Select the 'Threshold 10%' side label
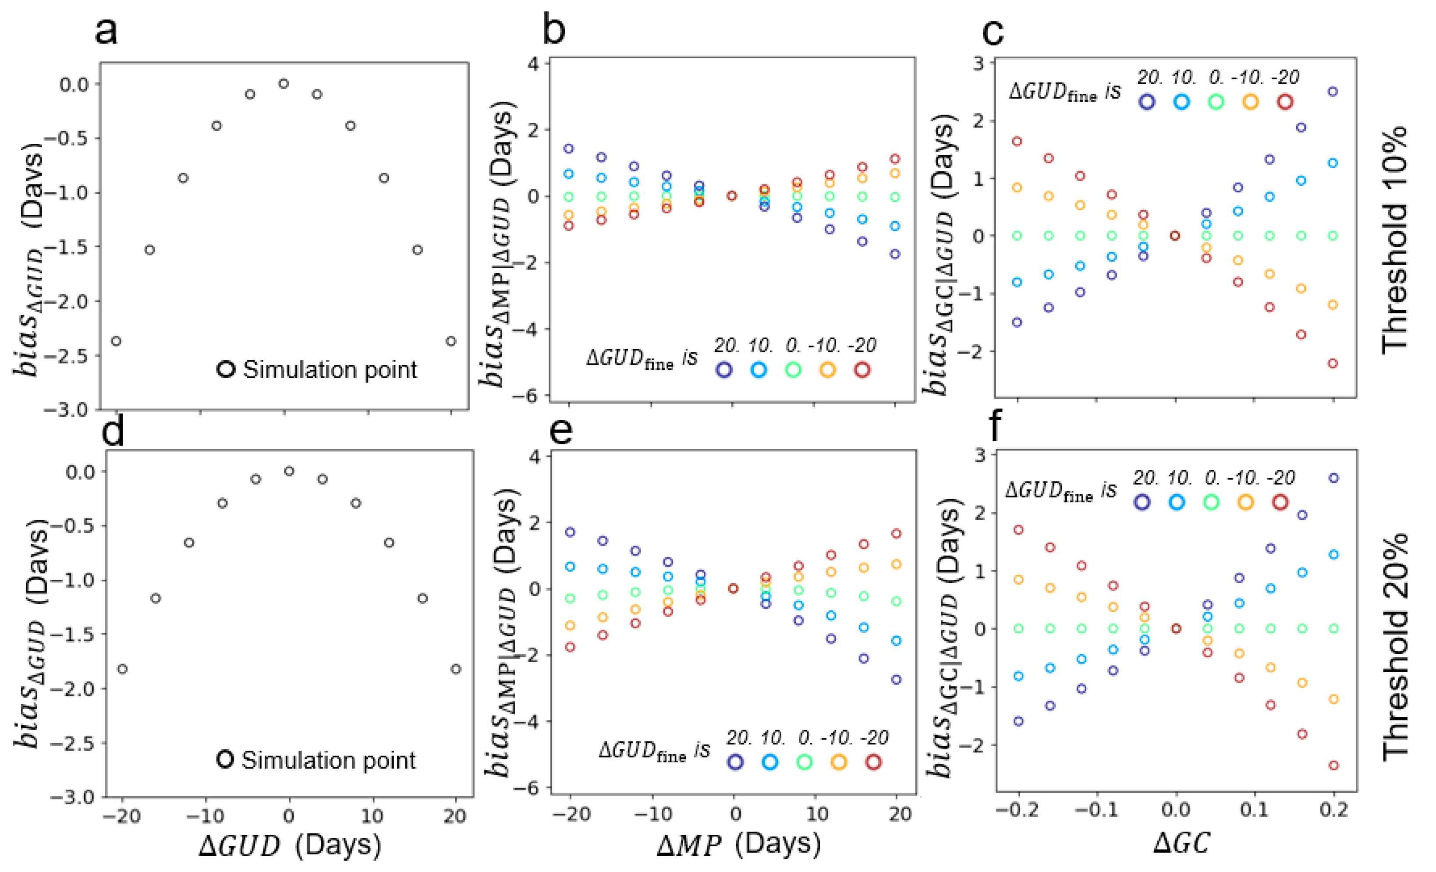pyautogui.click(x=1395, y=239)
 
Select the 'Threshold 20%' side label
pyautogui.click(x=1395, y=646)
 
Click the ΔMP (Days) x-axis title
pyautogui.click(x=738, y=844)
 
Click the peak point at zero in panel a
pyautogui.click(x=284, y=84)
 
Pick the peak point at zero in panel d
pyautogui.click(x=289, y=471)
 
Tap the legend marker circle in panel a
pyautogui.click(x=226, y=369)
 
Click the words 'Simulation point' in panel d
pyautogui.click(x=329, y=760)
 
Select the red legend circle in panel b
pyautogui.click(x=862, y=369)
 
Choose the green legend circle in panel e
pyautogui.click(x=804, y=762)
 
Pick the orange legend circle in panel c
pyautogui.click(x=1250, y=102)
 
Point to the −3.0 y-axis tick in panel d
pyautogui.click(x=74, y=797)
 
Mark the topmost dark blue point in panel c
pyautogui.click(x=1332, y=92)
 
